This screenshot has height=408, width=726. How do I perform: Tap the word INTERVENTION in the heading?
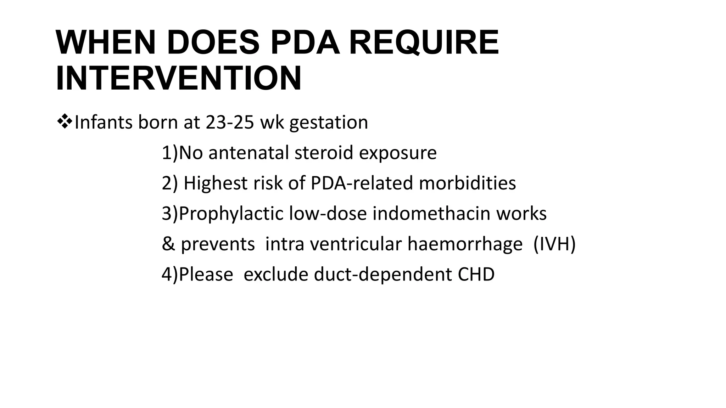[178, 78]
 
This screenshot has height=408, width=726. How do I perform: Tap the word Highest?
[215, 183]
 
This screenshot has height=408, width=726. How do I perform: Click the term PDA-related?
[361, 183]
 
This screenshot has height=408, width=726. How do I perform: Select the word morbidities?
[467, 183]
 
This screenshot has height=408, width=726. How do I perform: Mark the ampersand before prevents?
[168, 244]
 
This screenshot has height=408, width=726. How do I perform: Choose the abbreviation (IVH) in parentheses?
[554, 244]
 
